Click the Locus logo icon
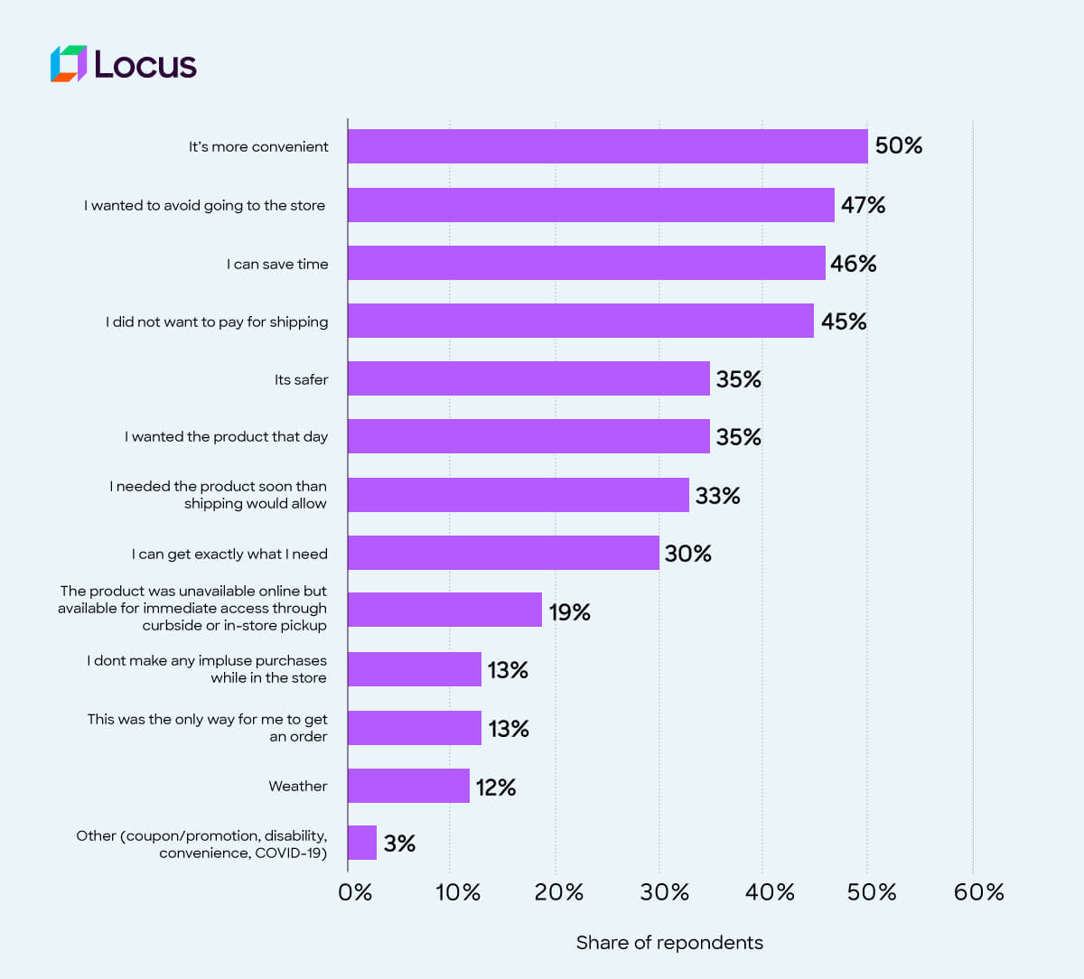click(69, 64)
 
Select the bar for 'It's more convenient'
click(607, 146)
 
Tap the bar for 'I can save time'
click(586, 263)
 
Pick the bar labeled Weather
click(408, 786)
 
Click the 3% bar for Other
click(362, 843)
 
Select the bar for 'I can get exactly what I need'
click(503, 553)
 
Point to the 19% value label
click(569, 612)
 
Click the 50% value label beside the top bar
click(898, 146)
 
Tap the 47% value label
click(863, 205)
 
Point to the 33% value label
click(717, 496)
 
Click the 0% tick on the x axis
click(355, 892)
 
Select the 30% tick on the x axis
click(664, 892)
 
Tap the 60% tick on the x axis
click(978, 892)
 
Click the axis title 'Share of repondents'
click(669, 943)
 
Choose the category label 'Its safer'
click(302, 380)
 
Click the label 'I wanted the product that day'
click(227, 437)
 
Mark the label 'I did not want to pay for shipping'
click(217, 322)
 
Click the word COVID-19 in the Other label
click(291, 853)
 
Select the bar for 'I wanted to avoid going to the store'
click(591, 205)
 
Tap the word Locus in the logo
click(145, 65)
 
